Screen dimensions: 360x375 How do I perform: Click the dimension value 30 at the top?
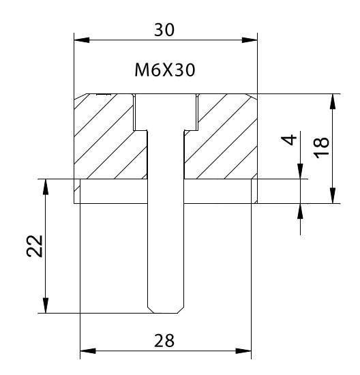pyautogui.click(x=164, y=30)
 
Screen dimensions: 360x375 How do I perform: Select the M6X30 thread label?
pyautogui.click(x=165, y=70)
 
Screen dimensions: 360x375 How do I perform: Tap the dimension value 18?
pyautogui.click(x=322, y=148)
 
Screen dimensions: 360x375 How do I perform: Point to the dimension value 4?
pyautogui.click(x=289, y=140)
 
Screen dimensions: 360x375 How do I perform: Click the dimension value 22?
pyautogui.click(x=35, y=246)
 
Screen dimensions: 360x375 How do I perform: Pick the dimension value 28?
pyautogui.click(x=164, y=341)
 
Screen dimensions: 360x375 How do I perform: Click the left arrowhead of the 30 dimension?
pyautogui.click(x=82, y=40)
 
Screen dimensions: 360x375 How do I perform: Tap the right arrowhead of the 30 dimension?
pyautogui.click(x=250, y=40)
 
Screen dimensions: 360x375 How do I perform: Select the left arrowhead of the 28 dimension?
pyautogui.click(x=88, y=351)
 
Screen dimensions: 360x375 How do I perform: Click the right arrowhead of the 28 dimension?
pyautogui.click(x=243, y=351)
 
